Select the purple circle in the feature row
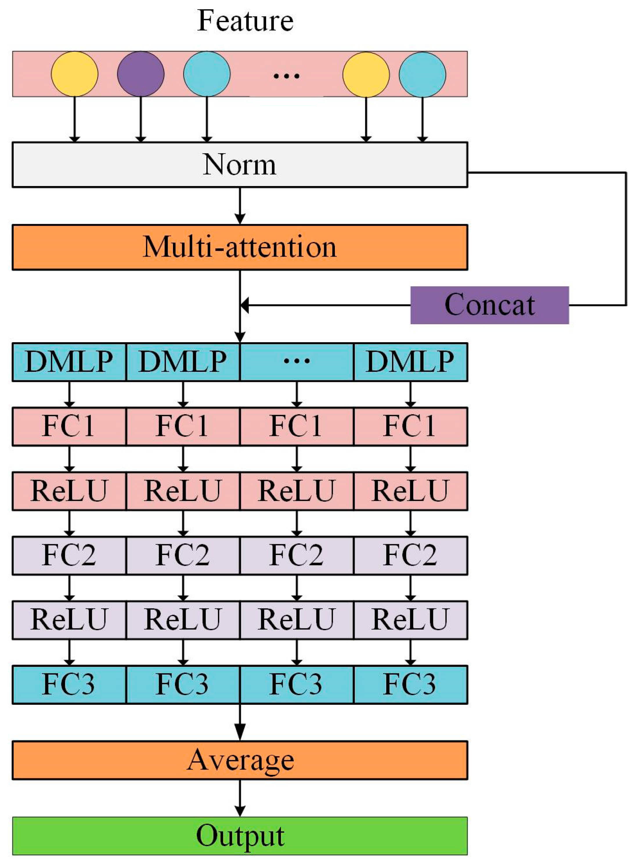pos(141,74)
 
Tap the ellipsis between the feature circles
pos(286,75)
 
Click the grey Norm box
pos(239,165)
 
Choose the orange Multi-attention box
pos(239,247)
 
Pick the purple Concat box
pos(489,305)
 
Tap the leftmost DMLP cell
pos(69,362)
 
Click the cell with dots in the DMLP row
pos(297,362)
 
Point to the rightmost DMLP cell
pos(410,362)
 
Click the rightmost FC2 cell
pos(410,555)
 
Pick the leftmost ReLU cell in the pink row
pos(69,491)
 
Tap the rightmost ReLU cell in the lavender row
pos(410,620)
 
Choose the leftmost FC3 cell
pos(69,685)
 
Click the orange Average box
pos(239,760)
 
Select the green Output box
pos(239,836)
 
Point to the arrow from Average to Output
pos(240,798)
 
